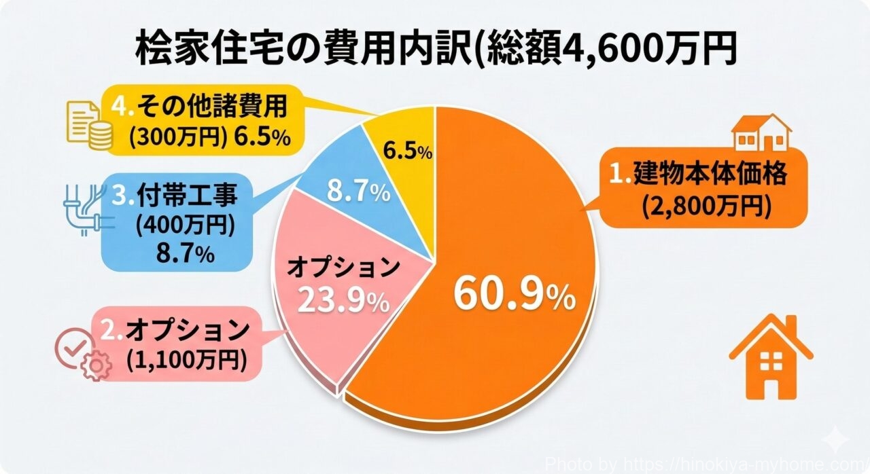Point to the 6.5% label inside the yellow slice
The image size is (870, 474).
[x=408, y=152]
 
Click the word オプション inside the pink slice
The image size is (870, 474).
[x=343, y=267]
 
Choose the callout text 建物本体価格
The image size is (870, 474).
[x=710, y=174]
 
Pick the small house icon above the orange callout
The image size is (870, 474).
[x=761, y=132]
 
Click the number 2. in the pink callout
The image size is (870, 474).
[x=111, y=331]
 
